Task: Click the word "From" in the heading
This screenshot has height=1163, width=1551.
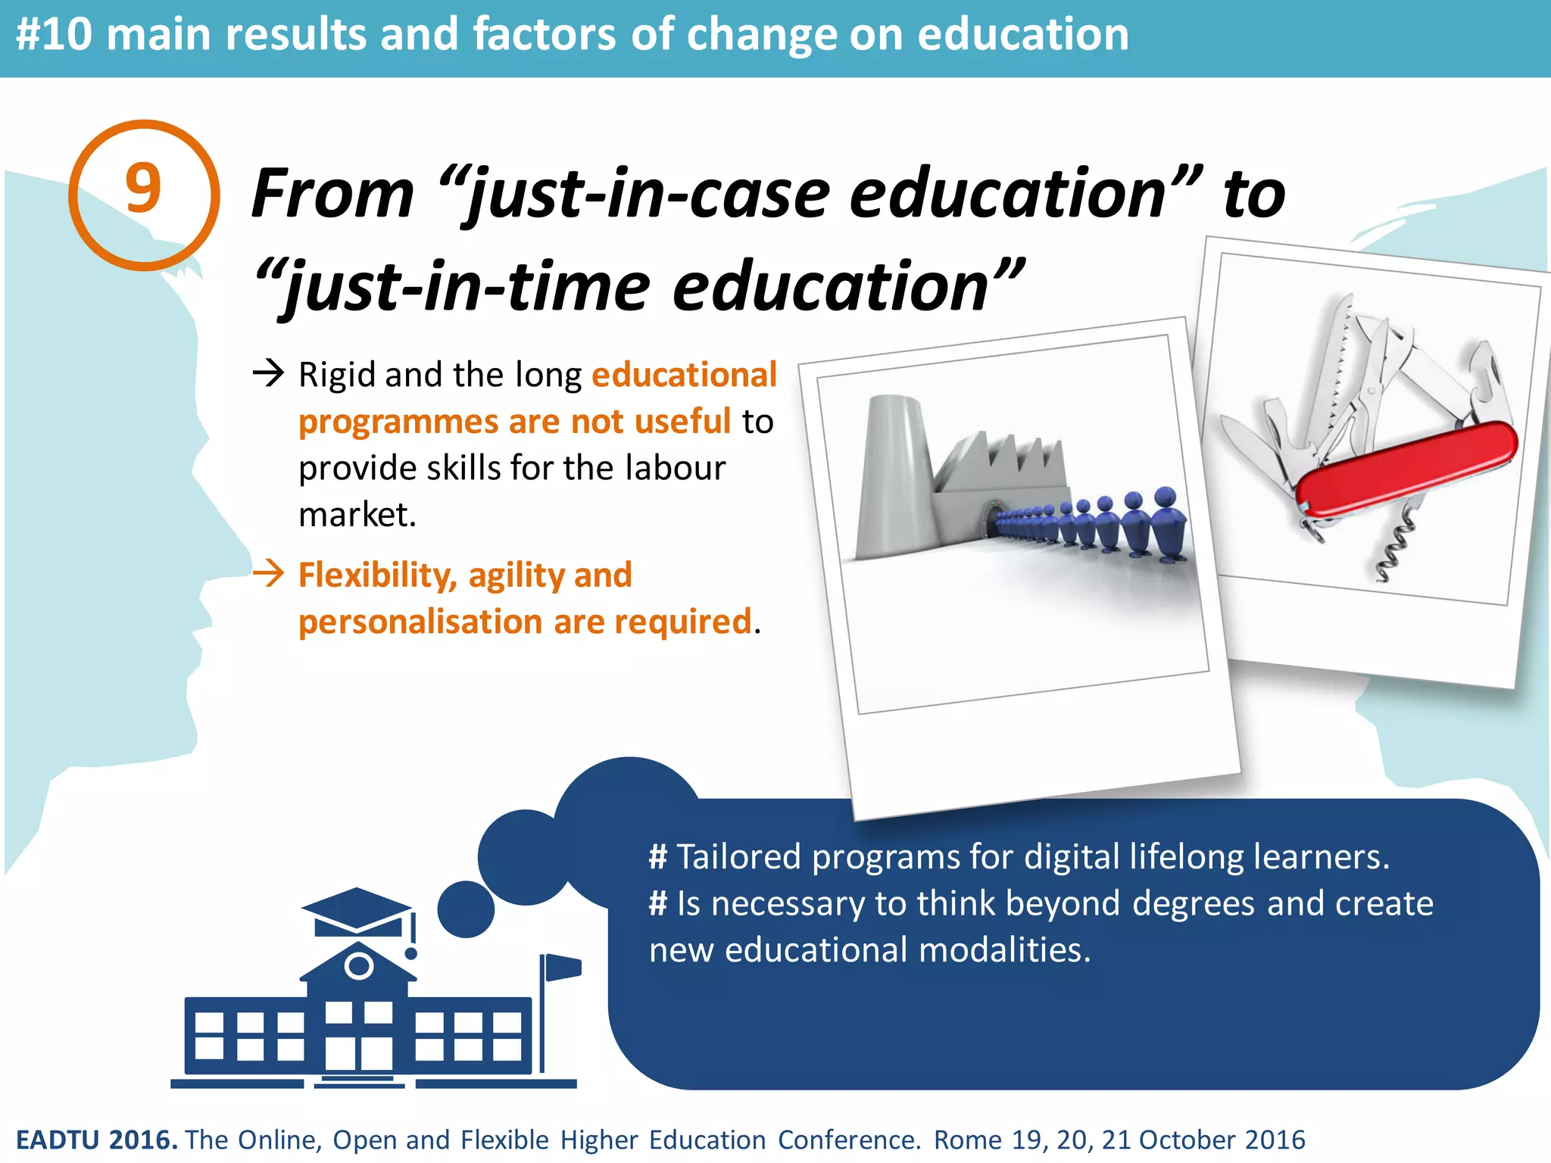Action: (332, 194)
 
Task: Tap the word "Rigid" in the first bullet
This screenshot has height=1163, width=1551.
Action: (336, 375)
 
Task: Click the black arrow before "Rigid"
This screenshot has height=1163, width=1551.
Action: (268, 373)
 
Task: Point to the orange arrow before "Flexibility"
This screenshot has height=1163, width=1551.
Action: (268, 574)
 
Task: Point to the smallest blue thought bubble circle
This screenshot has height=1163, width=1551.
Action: (466, 909)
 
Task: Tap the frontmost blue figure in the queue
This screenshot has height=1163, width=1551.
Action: (1167, 522)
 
